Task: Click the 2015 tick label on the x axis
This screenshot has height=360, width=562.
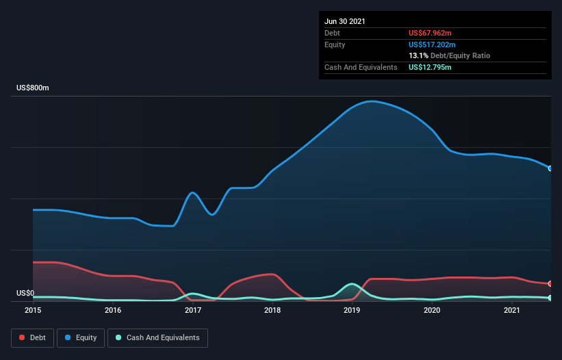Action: pos(33,310)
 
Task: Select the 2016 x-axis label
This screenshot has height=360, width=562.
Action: pos(113,310)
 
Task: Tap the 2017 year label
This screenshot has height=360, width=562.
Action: pos(193,310)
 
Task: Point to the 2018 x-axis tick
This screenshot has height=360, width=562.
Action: pos(272,310)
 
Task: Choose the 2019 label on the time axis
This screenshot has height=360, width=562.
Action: pos(353,310)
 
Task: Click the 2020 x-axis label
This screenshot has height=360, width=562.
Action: pos(432,310)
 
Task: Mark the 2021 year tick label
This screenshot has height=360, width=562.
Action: pos(512,310)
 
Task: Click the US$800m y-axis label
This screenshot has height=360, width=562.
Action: pos(33,88)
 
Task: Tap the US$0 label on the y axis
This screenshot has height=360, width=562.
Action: pos(25,293)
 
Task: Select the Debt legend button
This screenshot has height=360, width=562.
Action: pos(32,337)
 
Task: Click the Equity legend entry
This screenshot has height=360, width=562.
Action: pos(81,337)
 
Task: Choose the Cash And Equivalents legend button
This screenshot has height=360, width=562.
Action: pos(157,337)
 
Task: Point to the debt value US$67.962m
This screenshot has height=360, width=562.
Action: pos(430,33)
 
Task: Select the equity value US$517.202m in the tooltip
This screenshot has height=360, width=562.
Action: pos(432,44)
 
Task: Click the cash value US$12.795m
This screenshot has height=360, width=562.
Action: pos(430,67)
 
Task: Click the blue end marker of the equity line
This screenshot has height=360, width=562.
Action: pos(550,168)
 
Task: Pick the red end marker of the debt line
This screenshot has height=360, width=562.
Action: pos(550,283)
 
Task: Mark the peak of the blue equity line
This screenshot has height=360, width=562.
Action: pos(372,101)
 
